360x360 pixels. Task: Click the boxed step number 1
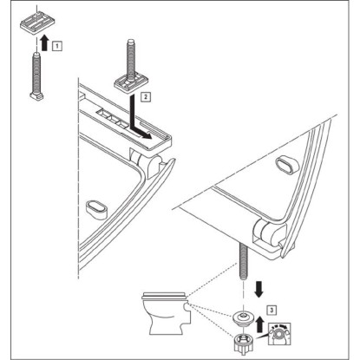tap(57, 46)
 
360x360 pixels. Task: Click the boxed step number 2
tap(146, 96)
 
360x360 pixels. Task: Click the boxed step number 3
tap(272, 311)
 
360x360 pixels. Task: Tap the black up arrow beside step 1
tap(44, 43)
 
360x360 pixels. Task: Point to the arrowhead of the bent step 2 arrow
tap(147, 135)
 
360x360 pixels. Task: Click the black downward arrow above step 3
tap(259, 290)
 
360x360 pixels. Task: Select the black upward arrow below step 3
tap(259, 324)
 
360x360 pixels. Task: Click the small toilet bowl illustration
tap(167, 313)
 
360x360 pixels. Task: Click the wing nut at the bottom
tap(244, 343)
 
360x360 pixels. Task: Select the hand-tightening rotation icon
tap(279, 334)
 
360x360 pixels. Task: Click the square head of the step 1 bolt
tap(36, 95)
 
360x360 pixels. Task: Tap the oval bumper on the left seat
tap(97, 209)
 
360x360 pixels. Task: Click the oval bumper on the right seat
tap(287, 167)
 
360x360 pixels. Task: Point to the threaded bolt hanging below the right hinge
tap(244, 262)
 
